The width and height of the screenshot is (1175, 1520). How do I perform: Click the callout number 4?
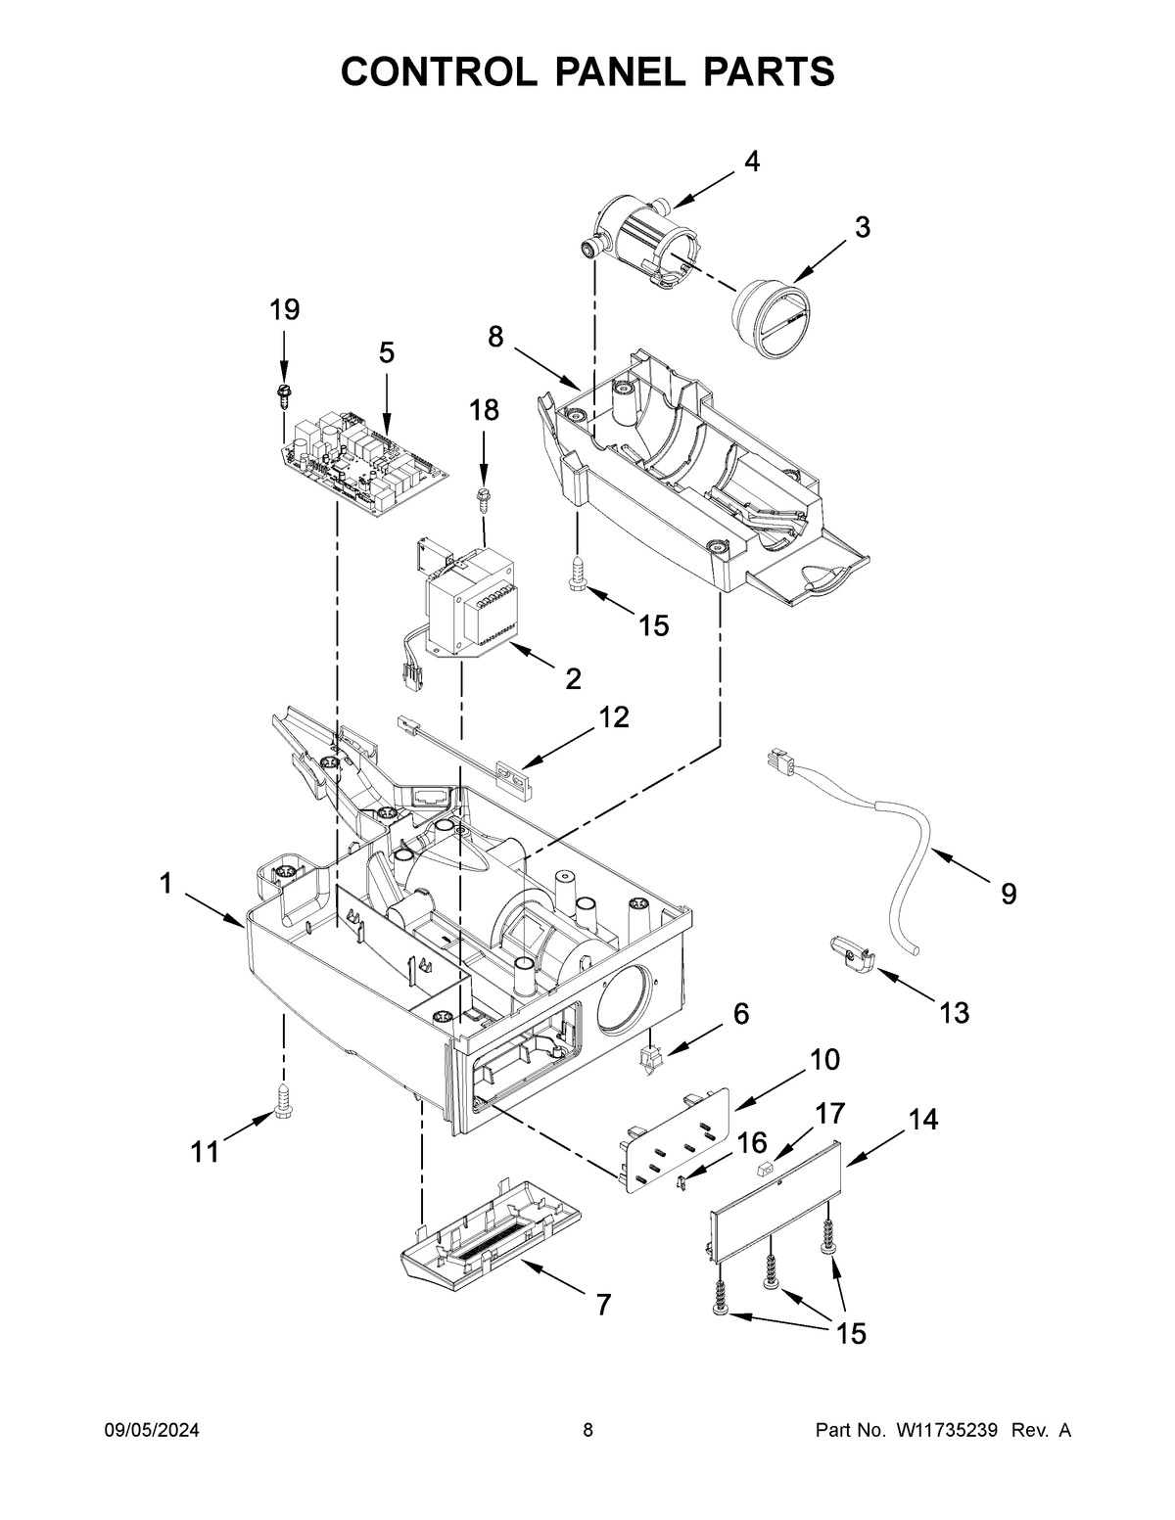[751, 162]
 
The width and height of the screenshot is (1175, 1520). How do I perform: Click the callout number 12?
[614, 716]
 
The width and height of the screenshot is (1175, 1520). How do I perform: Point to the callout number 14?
[923, 1120]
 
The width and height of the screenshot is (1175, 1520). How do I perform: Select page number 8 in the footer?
[587, 1431]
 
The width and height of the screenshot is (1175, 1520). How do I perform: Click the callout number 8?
[496, 337]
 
